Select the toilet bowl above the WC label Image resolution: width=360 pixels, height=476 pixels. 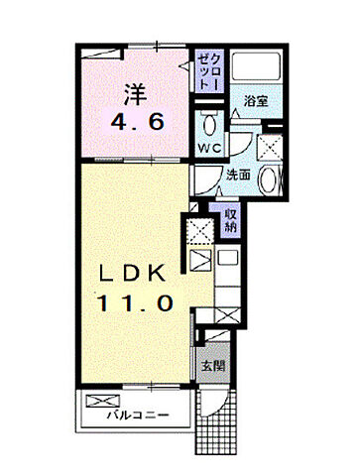pos(209,126)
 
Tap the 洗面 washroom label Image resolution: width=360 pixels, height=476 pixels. pos(224,176)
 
